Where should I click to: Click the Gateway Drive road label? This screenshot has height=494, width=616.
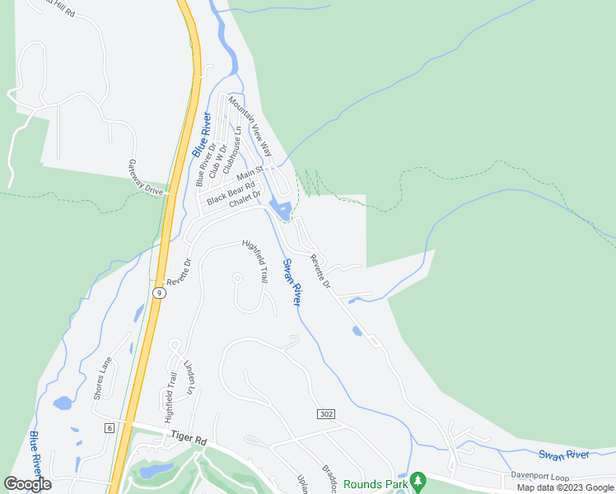(x=146, y=177)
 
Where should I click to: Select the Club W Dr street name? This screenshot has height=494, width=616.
(x=217, y=161)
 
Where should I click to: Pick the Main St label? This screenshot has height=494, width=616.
(x=249, y=175)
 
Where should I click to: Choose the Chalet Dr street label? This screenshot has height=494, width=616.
(x=245, y=200)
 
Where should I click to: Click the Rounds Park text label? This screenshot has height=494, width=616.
(x=376, y=484)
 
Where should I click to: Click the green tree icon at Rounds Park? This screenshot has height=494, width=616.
(x=418, y=480)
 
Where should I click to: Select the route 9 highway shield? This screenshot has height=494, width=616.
(x=157, y=291)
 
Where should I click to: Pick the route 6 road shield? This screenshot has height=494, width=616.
(x=109, y=427)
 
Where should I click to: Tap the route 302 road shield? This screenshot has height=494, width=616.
(x=326, y=413)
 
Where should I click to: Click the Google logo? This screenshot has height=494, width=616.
(x=28, y=484)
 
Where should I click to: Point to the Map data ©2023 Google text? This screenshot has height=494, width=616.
(x=565, y=487)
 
